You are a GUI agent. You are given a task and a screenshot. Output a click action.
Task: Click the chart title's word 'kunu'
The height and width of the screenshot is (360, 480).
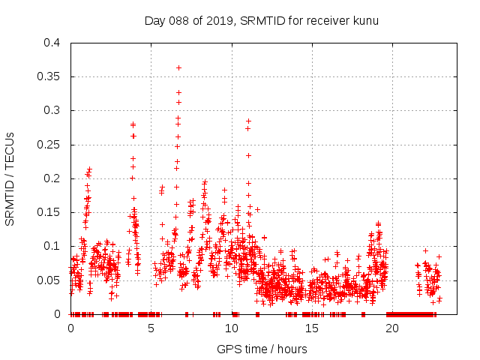pos(365,20)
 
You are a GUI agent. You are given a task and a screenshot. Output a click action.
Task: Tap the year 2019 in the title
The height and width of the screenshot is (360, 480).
pos(219,20)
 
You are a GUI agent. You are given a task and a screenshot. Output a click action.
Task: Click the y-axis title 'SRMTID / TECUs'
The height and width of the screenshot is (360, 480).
pos(10,178)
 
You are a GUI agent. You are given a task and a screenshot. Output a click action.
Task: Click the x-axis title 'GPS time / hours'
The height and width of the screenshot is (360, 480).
pos(262,349)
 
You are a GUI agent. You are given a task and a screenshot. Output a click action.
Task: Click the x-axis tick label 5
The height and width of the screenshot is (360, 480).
pos(151,328)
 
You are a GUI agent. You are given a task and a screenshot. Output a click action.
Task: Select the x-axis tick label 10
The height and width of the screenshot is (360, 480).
pos(232,328)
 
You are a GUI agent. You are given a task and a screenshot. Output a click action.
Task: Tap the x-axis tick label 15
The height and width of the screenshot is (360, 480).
pos(312,328)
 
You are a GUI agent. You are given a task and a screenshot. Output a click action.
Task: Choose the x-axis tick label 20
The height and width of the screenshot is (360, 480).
pos(392,328)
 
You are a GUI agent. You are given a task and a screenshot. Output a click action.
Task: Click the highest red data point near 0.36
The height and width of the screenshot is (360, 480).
pos(178,67)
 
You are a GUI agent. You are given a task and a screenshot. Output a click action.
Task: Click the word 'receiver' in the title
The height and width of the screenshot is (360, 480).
pos(325,20)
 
